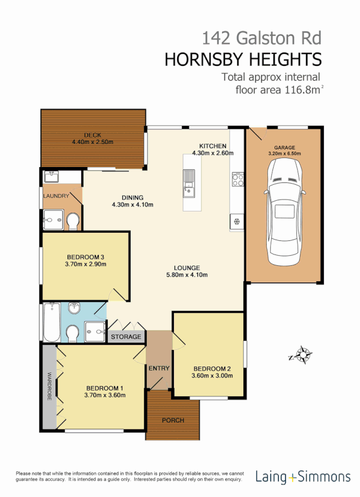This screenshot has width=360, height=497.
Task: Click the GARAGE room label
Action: coord(284,148)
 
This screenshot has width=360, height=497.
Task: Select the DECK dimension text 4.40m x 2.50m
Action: coord(93,142)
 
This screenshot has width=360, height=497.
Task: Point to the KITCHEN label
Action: coord(212,146)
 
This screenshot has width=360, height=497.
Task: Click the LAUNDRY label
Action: coord(56,196)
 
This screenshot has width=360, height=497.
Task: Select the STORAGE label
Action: coord(125,337)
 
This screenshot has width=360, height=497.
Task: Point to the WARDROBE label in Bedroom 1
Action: coord(49,387)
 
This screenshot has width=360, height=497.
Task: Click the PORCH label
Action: coord(173,420)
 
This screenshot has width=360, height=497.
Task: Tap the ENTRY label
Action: coord(159,368)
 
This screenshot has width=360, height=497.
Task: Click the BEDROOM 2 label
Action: coord(212,368)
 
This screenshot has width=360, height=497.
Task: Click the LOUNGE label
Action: coord(187,268)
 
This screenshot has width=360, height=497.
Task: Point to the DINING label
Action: coord(132,197)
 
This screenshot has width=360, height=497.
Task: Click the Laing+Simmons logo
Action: coord(303,476)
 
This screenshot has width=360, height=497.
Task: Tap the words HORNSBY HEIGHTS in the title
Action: coord(243,59)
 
